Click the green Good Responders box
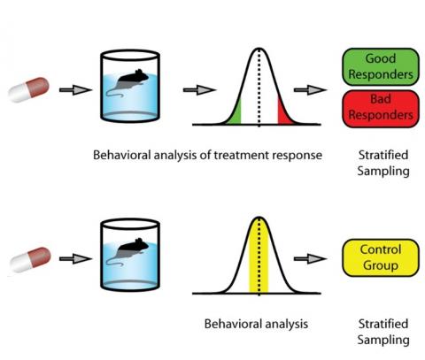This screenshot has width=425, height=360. pyautogui.click(x=381, y=67)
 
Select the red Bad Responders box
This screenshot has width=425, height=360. pyautogui.click(x=381, y=109)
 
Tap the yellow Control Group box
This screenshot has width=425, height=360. pyautogui.click(x=381, y=257)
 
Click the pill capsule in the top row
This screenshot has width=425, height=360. pyautogui.click(x=28, y=89)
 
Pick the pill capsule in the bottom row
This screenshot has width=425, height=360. pyautogui.click(x=30, y=259)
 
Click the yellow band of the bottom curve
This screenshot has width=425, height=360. pyautogui.click(x=259, y=256)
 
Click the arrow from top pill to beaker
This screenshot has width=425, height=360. pyautogui.click(x=75, y=89)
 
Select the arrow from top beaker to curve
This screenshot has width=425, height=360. pyautogui.click(x=199, y=89)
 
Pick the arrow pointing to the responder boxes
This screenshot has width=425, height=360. pyautogui.click(x=311, y=89)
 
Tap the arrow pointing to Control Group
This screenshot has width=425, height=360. pyautogui.click(x=311, y=258)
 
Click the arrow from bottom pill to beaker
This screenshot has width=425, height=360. pyautogui.click(x=75, y=258)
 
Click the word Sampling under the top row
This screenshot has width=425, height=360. pyautogui.click(x=383, y=172)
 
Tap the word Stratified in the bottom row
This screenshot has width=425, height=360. pyautogui.click(x=383, y=324)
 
